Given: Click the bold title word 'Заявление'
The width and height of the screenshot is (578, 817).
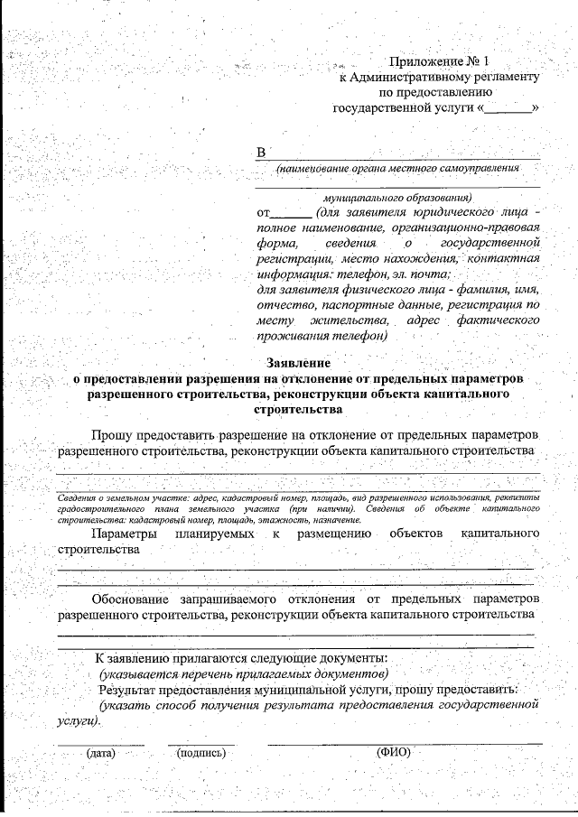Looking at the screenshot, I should point(298,363).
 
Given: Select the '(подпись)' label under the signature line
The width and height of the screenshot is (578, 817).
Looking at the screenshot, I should point(201,752).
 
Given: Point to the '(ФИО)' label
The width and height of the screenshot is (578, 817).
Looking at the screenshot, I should point(393,752).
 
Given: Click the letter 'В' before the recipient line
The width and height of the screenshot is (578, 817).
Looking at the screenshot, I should point(262,153).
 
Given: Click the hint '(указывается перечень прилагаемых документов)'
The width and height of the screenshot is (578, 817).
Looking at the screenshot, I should point(244,674).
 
